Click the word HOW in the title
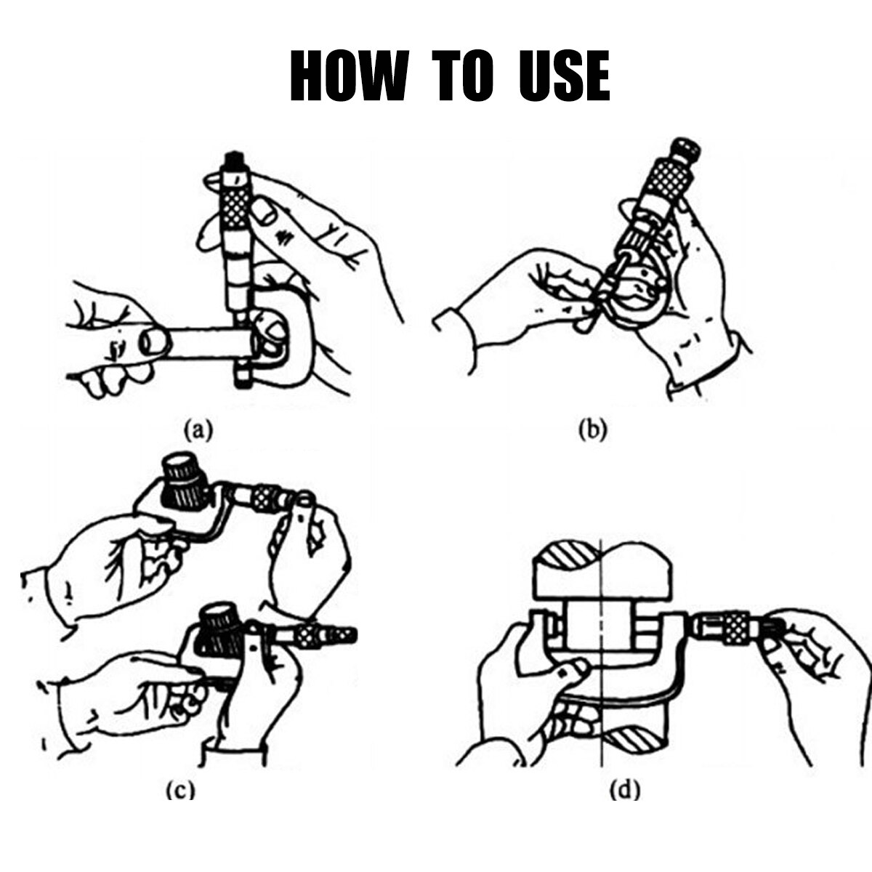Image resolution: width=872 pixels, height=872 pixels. point(350,76)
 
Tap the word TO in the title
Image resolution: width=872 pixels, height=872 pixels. point(464,76)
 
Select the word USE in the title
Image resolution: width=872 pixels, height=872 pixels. point(565,76)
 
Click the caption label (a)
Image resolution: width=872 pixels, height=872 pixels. point(198,430)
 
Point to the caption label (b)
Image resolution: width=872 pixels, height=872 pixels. point(592,430)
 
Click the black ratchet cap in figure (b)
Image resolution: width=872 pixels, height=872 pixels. point(685,150)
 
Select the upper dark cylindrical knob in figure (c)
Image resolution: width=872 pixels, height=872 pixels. point(185,482)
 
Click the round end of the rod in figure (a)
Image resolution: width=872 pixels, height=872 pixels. point(155,342)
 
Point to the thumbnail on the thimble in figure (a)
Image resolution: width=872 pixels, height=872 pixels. point(265,212)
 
